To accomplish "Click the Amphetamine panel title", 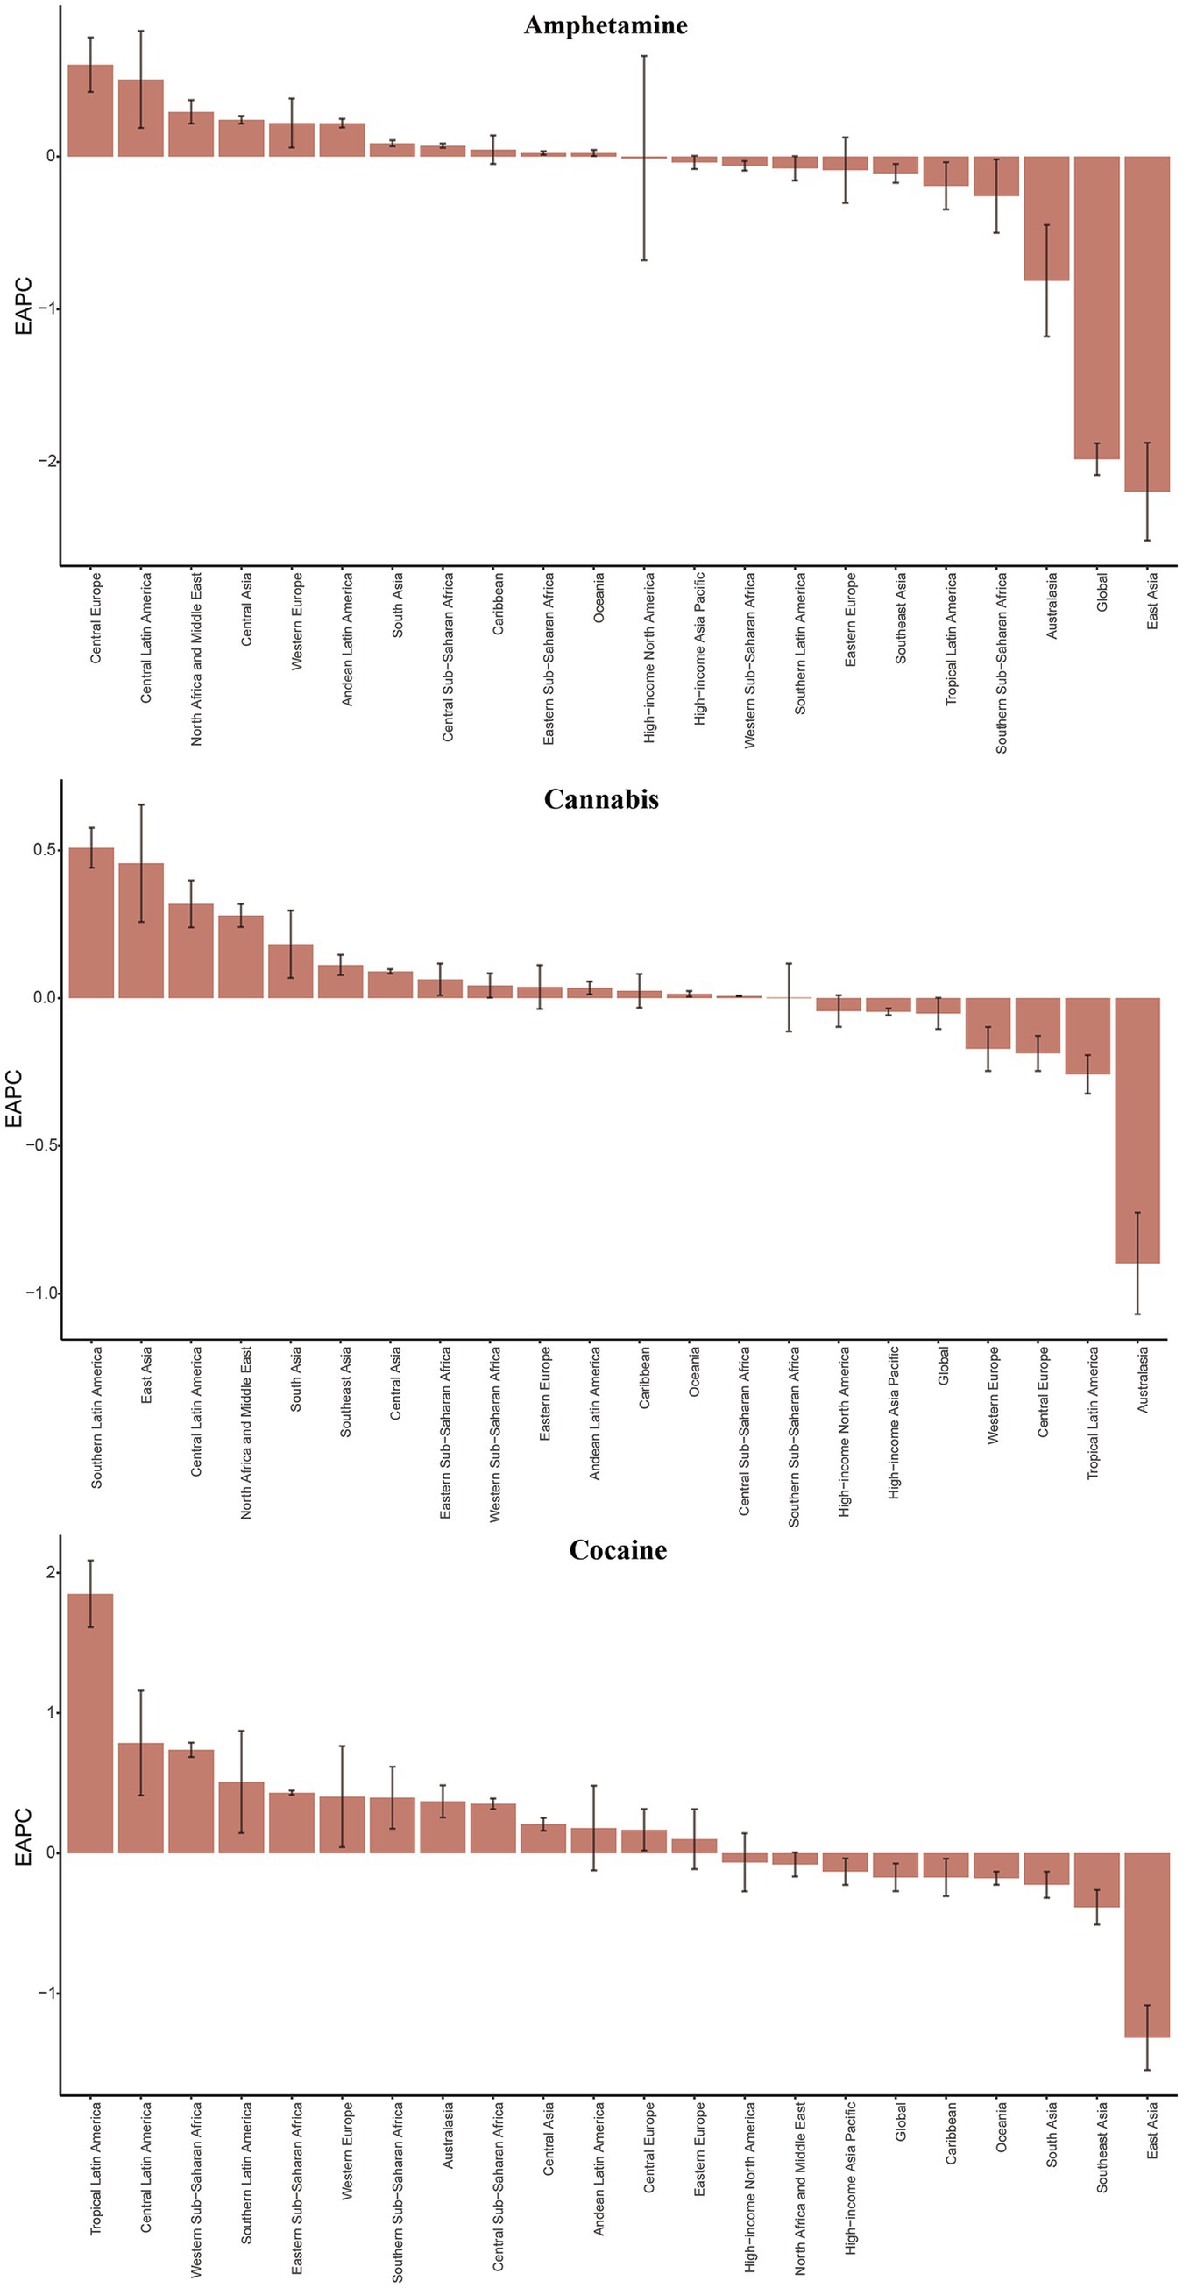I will [605, 25].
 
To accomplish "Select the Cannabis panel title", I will [601, 799].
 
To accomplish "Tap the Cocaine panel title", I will [617, 1550].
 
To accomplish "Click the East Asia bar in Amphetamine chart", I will [1146, 323].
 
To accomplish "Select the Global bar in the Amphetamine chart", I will [1096, 308].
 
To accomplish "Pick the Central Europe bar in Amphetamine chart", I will [90, 110].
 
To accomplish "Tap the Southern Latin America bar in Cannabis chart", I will [91, 923].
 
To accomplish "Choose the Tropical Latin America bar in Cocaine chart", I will [90, 1723].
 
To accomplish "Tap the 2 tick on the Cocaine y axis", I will [51, 1573].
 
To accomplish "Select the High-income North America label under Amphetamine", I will [649, 657].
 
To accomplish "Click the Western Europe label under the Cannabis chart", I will [993, 1395].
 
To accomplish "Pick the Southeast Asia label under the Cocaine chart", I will [1102, 2159].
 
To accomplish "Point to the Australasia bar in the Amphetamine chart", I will [1046, 218].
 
